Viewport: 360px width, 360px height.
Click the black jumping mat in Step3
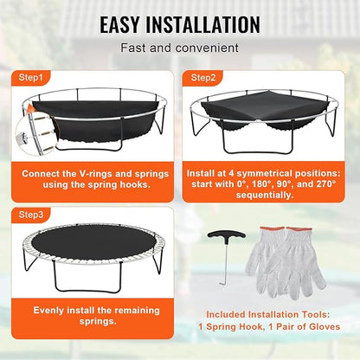click(91, 260)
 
